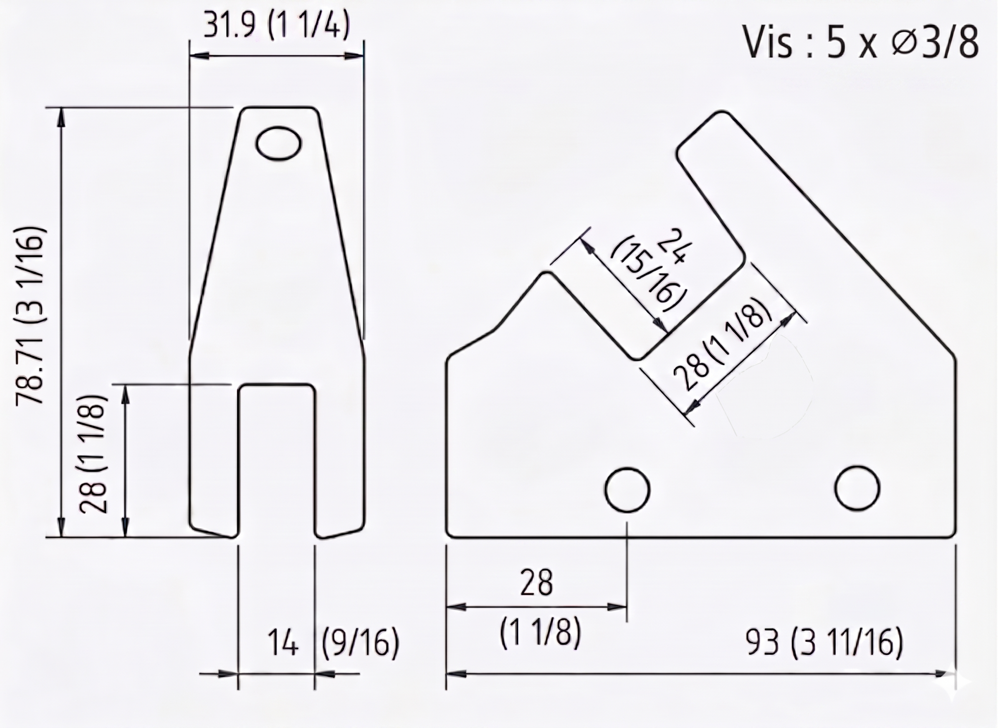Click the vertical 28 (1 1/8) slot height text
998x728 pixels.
[93, 454]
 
